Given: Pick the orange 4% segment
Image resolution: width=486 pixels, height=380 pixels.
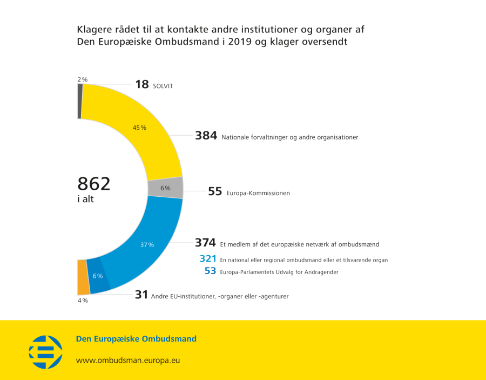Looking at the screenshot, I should [82, 277].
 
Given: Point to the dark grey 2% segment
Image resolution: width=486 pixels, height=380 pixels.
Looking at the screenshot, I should [79, 101].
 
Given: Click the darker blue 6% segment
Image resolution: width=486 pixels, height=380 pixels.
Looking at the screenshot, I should [97, 276].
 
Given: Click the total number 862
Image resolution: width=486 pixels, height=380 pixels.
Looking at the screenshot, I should [94, 184].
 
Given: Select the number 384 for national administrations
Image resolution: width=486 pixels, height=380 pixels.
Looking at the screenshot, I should [206, 136].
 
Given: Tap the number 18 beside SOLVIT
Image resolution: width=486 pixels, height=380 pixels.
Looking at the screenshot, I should [141, 84].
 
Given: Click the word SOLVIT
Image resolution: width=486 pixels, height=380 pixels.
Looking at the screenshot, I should [163, 86].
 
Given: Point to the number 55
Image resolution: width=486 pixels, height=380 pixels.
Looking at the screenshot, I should [215, 191].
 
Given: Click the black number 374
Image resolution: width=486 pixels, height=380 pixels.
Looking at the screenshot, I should [205, 243].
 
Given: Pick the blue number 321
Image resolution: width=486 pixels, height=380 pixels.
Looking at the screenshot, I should [207, 259].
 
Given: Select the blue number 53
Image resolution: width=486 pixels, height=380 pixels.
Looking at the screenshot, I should [210, 271].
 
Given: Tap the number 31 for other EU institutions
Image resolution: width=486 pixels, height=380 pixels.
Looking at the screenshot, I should [141, 295].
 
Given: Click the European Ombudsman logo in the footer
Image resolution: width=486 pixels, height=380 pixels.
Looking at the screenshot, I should [45, 352].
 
